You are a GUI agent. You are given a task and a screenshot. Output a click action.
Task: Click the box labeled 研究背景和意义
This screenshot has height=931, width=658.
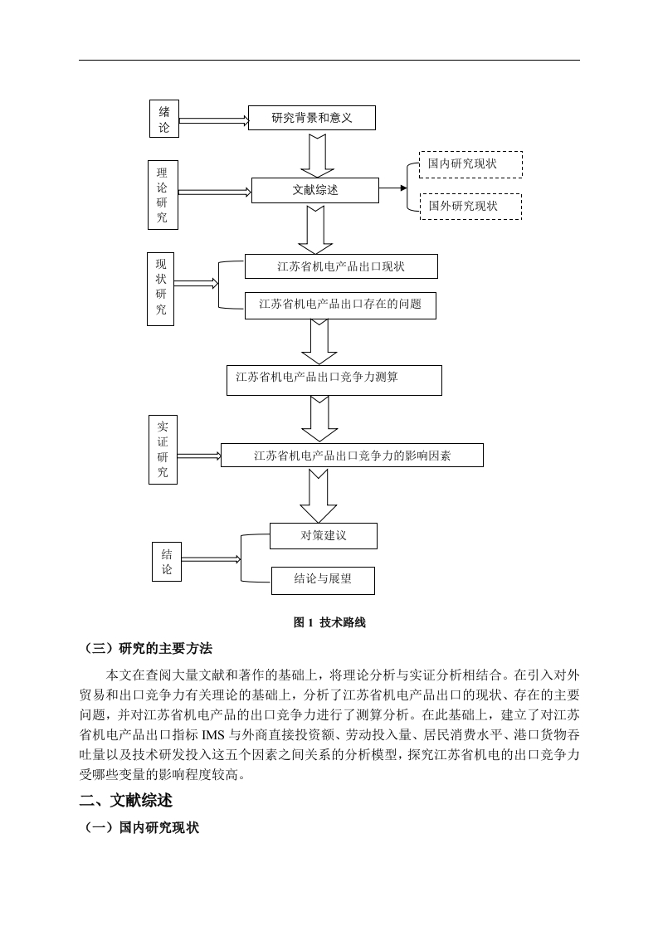tap(312, 118)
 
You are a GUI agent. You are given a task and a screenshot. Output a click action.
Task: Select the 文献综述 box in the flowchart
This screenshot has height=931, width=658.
tap(314, 190)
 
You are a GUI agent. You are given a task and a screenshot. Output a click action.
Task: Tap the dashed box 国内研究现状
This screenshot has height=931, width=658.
tap(471, 164)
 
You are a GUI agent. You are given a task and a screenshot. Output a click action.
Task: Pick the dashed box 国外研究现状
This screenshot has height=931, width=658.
tap(470, 207)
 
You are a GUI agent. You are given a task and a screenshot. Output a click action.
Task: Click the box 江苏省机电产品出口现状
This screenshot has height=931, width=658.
tap(341, 266)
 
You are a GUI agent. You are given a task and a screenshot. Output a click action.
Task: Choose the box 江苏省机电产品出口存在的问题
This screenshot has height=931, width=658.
tap(340, 305)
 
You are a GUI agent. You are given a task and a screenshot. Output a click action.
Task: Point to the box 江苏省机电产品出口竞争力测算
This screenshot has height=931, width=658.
tap(334, 381)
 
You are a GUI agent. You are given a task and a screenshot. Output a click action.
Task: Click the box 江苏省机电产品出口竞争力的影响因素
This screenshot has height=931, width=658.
tap(352, 456)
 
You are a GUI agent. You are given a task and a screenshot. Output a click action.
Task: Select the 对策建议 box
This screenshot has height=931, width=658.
tap(323, 535)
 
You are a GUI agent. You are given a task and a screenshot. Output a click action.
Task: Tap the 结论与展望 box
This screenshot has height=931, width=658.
tap(323, 581)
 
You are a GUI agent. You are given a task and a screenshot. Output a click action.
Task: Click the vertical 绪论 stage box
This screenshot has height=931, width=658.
tap(164, 119)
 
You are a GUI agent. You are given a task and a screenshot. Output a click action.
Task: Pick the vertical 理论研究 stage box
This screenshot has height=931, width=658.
tap(163, 195)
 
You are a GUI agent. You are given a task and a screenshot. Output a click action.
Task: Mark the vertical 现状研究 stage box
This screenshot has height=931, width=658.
tap(160, 289)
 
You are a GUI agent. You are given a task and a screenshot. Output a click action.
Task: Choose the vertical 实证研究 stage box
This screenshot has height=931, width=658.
tap(163, 450)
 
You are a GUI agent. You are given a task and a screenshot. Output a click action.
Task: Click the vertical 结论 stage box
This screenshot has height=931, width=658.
tap(166, 562)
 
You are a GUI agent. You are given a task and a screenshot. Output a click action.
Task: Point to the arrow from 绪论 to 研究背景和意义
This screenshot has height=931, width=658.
tap(214, 120)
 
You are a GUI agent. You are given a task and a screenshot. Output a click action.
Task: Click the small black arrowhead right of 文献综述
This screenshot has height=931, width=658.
tap(404, 188)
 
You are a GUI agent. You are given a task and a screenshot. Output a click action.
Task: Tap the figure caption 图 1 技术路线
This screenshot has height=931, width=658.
tap(329, 622)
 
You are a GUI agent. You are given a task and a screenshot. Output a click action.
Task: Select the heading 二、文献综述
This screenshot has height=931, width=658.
tap(126, 801)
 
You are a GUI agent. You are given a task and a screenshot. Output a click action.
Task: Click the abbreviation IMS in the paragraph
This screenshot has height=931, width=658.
tap(213, 735)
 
